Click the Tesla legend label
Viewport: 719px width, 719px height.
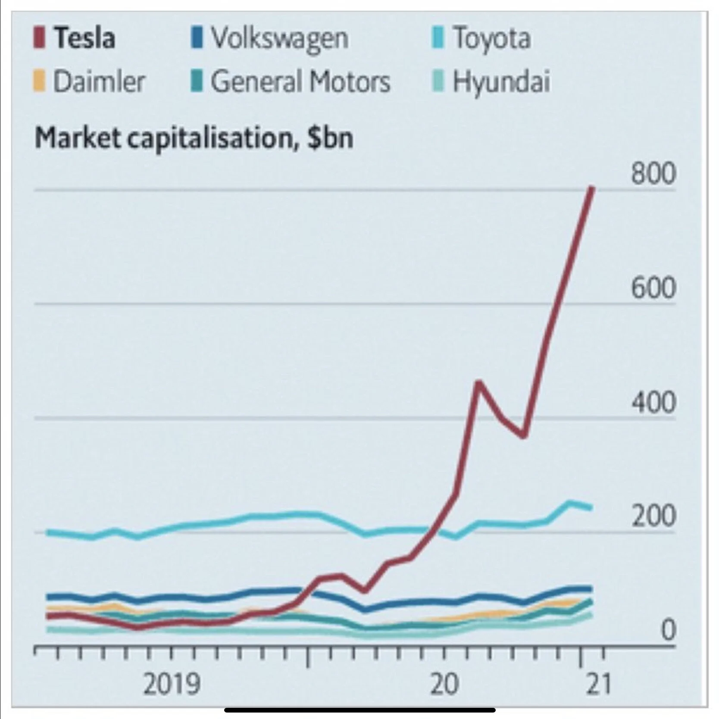(84, 38)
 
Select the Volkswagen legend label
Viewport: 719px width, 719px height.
(279, 38)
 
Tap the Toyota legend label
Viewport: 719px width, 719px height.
(491, 38)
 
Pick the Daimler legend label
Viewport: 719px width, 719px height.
(99, 81)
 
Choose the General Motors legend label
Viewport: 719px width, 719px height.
(300, 81)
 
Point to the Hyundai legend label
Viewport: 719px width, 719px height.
(501, 81)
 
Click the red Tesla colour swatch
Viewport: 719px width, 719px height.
(39, 38)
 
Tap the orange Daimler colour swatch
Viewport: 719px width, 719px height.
(39, 81)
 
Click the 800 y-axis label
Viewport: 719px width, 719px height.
(653, 174)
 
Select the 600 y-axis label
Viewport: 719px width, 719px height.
(653, 288)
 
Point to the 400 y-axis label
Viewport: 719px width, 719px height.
(653, 402)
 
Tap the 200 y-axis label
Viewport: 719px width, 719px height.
(653, 516)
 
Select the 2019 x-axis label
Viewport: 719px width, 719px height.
(172, 685)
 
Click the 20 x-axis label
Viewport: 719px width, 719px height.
(444, 685)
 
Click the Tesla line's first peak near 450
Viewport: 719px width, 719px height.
(478, 382)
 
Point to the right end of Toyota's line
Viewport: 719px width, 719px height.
(591, 508)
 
